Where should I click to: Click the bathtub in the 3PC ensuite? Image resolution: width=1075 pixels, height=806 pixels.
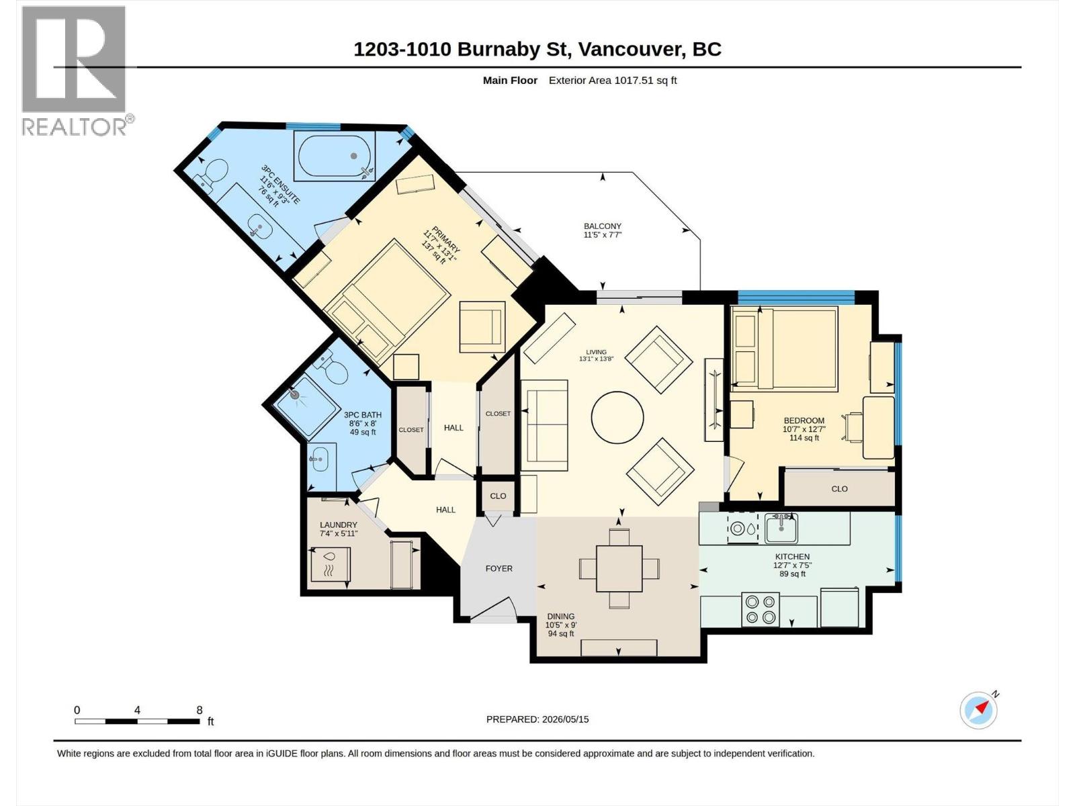click(x=335, y=156)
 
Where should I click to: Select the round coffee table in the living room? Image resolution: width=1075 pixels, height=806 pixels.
click(x=617, y=417)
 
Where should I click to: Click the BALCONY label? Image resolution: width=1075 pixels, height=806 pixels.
click(x=603, y=226)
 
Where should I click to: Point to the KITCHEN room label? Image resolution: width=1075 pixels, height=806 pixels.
click(x=792, y=556)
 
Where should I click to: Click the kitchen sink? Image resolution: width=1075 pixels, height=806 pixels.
click(x=781, y=527)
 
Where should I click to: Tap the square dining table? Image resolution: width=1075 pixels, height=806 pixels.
click(x=619, y=569)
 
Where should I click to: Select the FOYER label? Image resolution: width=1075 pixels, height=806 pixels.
click(x=499, y=568)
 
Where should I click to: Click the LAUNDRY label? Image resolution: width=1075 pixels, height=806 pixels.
click(x=339, y=525)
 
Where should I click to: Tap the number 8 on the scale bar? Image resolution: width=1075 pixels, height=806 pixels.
click(x=200, y=710)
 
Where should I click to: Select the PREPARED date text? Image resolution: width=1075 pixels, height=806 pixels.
click(x=537, y=719)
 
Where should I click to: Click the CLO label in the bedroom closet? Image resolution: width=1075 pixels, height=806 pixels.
click(x=839, y=488)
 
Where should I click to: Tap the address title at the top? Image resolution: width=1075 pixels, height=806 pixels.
click(x=537, y=50)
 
